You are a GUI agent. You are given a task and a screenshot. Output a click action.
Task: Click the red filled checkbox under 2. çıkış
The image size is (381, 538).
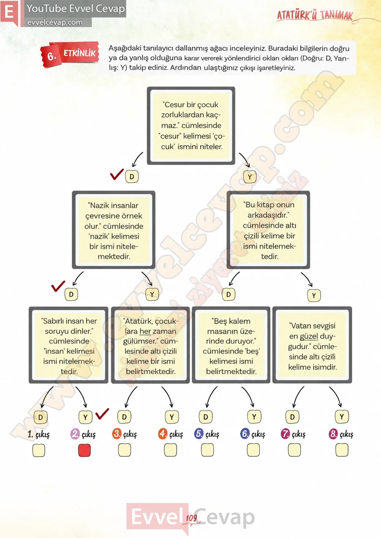point(84,450)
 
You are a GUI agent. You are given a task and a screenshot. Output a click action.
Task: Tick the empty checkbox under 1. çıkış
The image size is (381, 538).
point(39,450)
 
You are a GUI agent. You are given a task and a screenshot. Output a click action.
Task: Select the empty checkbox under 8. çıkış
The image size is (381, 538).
point(342,449)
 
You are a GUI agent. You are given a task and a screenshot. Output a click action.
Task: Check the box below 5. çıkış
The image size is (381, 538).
point(207,449)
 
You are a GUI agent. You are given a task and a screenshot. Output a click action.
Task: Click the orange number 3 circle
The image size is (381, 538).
point(117,434)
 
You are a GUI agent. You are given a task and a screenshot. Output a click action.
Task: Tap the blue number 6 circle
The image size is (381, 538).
point(245,434)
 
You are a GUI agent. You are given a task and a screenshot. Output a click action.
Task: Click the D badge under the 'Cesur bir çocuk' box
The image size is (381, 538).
point(132,177)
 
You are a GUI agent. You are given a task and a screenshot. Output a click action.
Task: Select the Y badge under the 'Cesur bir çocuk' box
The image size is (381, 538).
point(250,177)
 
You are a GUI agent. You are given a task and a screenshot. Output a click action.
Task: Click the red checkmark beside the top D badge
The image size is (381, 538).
point(117,174)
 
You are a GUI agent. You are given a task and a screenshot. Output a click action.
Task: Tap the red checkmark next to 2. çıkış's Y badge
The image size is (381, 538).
point(102,414)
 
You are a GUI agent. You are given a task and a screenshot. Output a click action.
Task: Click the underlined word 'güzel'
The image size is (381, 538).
point(309,336)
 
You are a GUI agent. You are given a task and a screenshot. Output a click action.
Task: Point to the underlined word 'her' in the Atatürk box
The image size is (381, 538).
point(145,331)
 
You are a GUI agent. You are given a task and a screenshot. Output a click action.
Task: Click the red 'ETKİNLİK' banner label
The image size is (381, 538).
point(79,53)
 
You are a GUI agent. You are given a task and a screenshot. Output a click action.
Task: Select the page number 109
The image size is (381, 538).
point(191,518)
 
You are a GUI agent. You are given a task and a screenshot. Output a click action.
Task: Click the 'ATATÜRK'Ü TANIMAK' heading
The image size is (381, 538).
point(315,16)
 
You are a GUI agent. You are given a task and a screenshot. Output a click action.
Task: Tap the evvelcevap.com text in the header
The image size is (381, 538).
point(55,22)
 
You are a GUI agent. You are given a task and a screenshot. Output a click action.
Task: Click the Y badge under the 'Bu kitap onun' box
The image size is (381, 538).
point(314,296)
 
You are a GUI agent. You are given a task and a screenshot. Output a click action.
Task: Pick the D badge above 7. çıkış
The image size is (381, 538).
point(292,417)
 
